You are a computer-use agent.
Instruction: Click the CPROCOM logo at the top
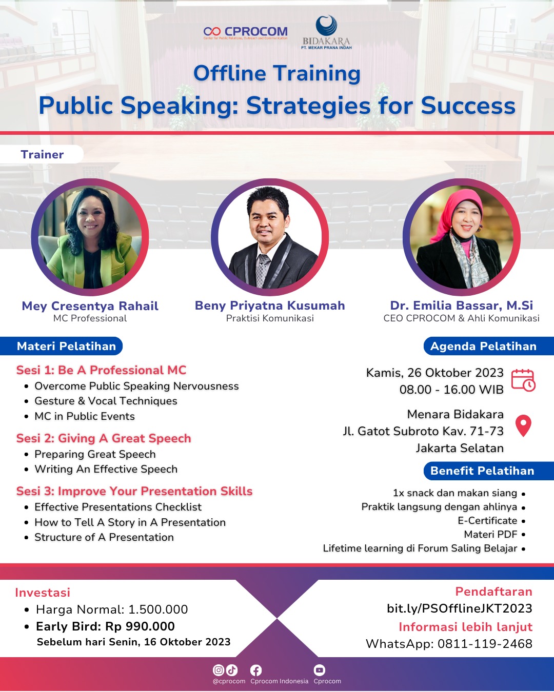pos(245,32)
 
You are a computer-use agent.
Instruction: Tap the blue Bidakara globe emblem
pos(326,25)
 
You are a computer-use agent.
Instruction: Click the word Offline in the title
pos(229,73)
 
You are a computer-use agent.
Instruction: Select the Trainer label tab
pos(42,154)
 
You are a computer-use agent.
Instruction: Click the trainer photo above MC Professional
pos(90,237)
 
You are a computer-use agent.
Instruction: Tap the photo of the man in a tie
pos(270,237)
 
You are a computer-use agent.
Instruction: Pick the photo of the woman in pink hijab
pos(461,237)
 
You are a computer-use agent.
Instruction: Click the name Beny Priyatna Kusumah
pos(270,305)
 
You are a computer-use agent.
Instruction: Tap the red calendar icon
pos(523,380)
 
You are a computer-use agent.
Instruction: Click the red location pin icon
pos(523,426)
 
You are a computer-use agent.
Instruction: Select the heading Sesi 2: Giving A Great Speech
pos(104,438)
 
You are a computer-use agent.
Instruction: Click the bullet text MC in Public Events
pos(85,416)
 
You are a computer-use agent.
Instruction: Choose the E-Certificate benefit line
pos(487,520)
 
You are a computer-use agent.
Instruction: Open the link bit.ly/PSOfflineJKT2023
pos(460,608)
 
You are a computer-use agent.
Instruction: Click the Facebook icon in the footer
pos(256,670)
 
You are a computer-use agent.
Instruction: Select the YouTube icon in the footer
pos(320,670)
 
